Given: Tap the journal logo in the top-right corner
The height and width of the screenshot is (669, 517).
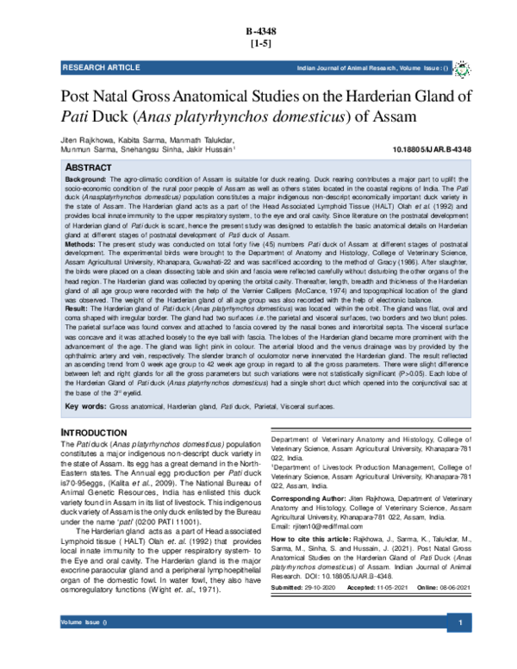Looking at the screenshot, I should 462,66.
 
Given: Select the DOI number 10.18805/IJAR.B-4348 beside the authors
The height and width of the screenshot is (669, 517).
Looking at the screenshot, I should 431,150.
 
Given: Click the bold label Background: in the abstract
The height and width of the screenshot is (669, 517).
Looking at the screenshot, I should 86,178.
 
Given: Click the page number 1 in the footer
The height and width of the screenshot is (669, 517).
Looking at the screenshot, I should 461,647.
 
